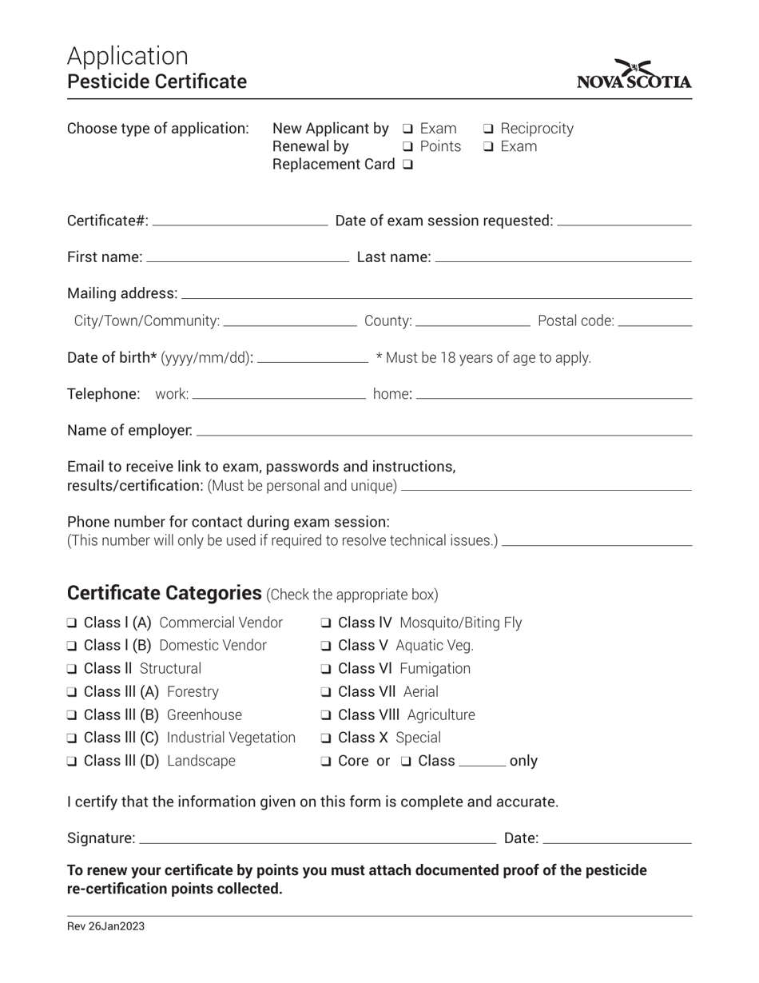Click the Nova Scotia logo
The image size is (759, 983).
point(634,74)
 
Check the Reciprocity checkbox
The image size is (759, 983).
point(488,129)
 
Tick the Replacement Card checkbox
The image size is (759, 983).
point(408,165)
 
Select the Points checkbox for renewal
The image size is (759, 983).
point(407,147)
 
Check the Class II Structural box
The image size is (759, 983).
point(72,669)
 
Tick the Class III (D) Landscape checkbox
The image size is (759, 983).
point(72,762)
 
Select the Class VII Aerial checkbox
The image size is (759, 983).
point(327,692)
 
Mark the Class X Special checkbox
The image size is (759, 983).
point(327,738)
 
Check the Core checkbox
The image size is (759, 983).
point(327,762)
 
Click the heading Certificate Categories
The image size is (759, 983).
point(164,593)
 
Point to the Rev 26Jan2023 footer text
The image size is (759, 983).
point(105,927)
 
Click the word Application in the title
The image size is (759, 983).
point(128,56)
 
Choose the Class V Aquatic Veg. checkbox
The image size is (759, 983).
point(327,646)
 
